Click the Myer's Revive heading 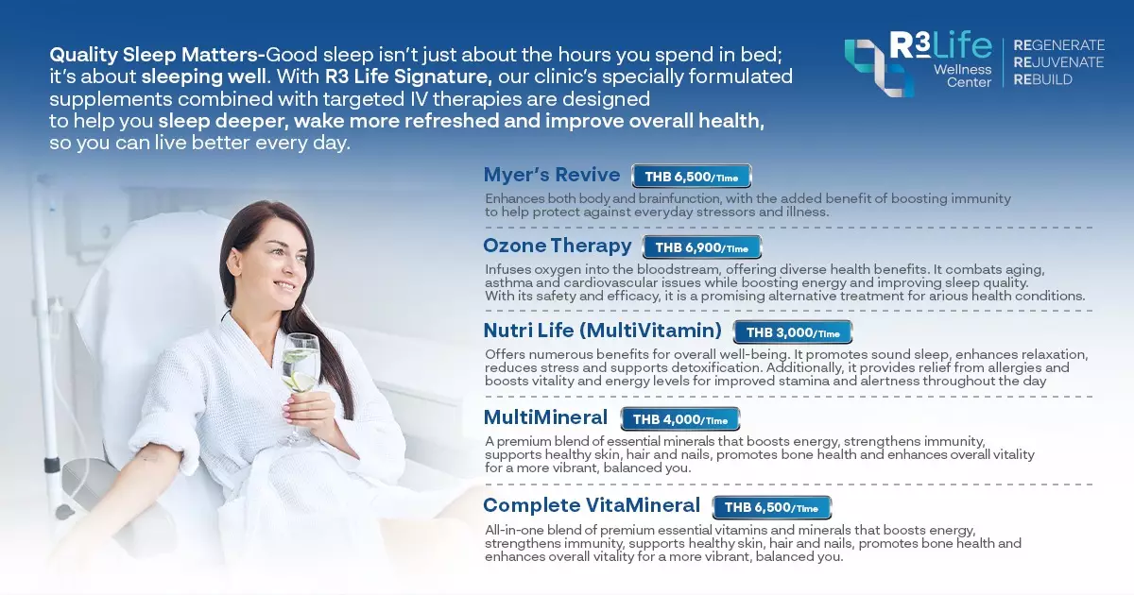pos(552,175)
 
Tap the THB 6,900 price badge pos(701,247)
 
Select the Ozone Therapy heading pos(557,246)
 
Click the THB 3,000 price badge pos(792,331)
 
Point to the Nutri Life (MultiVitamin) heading pos(602,331)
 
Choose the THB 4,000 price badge pos(679,419)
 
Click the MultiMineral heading pos(545,417)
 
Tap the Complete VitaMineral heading pos(592,505)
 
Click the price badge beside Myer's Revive pos(691,177)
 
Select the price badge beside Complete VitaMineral pos(771,507)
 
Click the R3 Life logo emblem pos(879,65)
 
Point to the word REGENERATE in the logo pos(1058,45)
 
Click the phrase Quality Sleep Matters pos(156,53)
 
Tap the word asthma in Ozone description pos(507,282)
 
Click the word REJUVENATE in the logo pos(1058,62)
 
